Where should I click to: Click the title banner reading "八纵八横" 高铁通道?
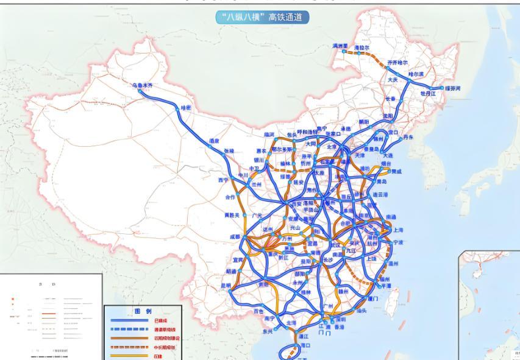pyautogui.click(x=262, y=18)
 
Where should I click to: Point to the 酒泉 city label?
pyautogui.click(x=214, y=141)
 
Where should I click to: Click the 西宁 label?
pyautogui.click(x=222, y=180)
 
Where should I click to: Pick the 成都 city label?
pyautogui.click(x=235, y=237)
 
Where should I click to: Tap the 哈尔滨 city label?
pyautogui.click(x=416, y=73)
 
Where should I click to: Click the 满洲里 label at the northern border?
pyautogui.click(x=340, y=46)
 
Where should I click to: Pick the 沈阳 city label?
pyautogui.click(x=388, y=116)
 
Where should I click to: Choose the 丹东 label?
pyautogui.click(x=408, y=138)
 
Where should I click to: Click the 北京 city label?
pyautogui.click(x=332, y=146)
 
